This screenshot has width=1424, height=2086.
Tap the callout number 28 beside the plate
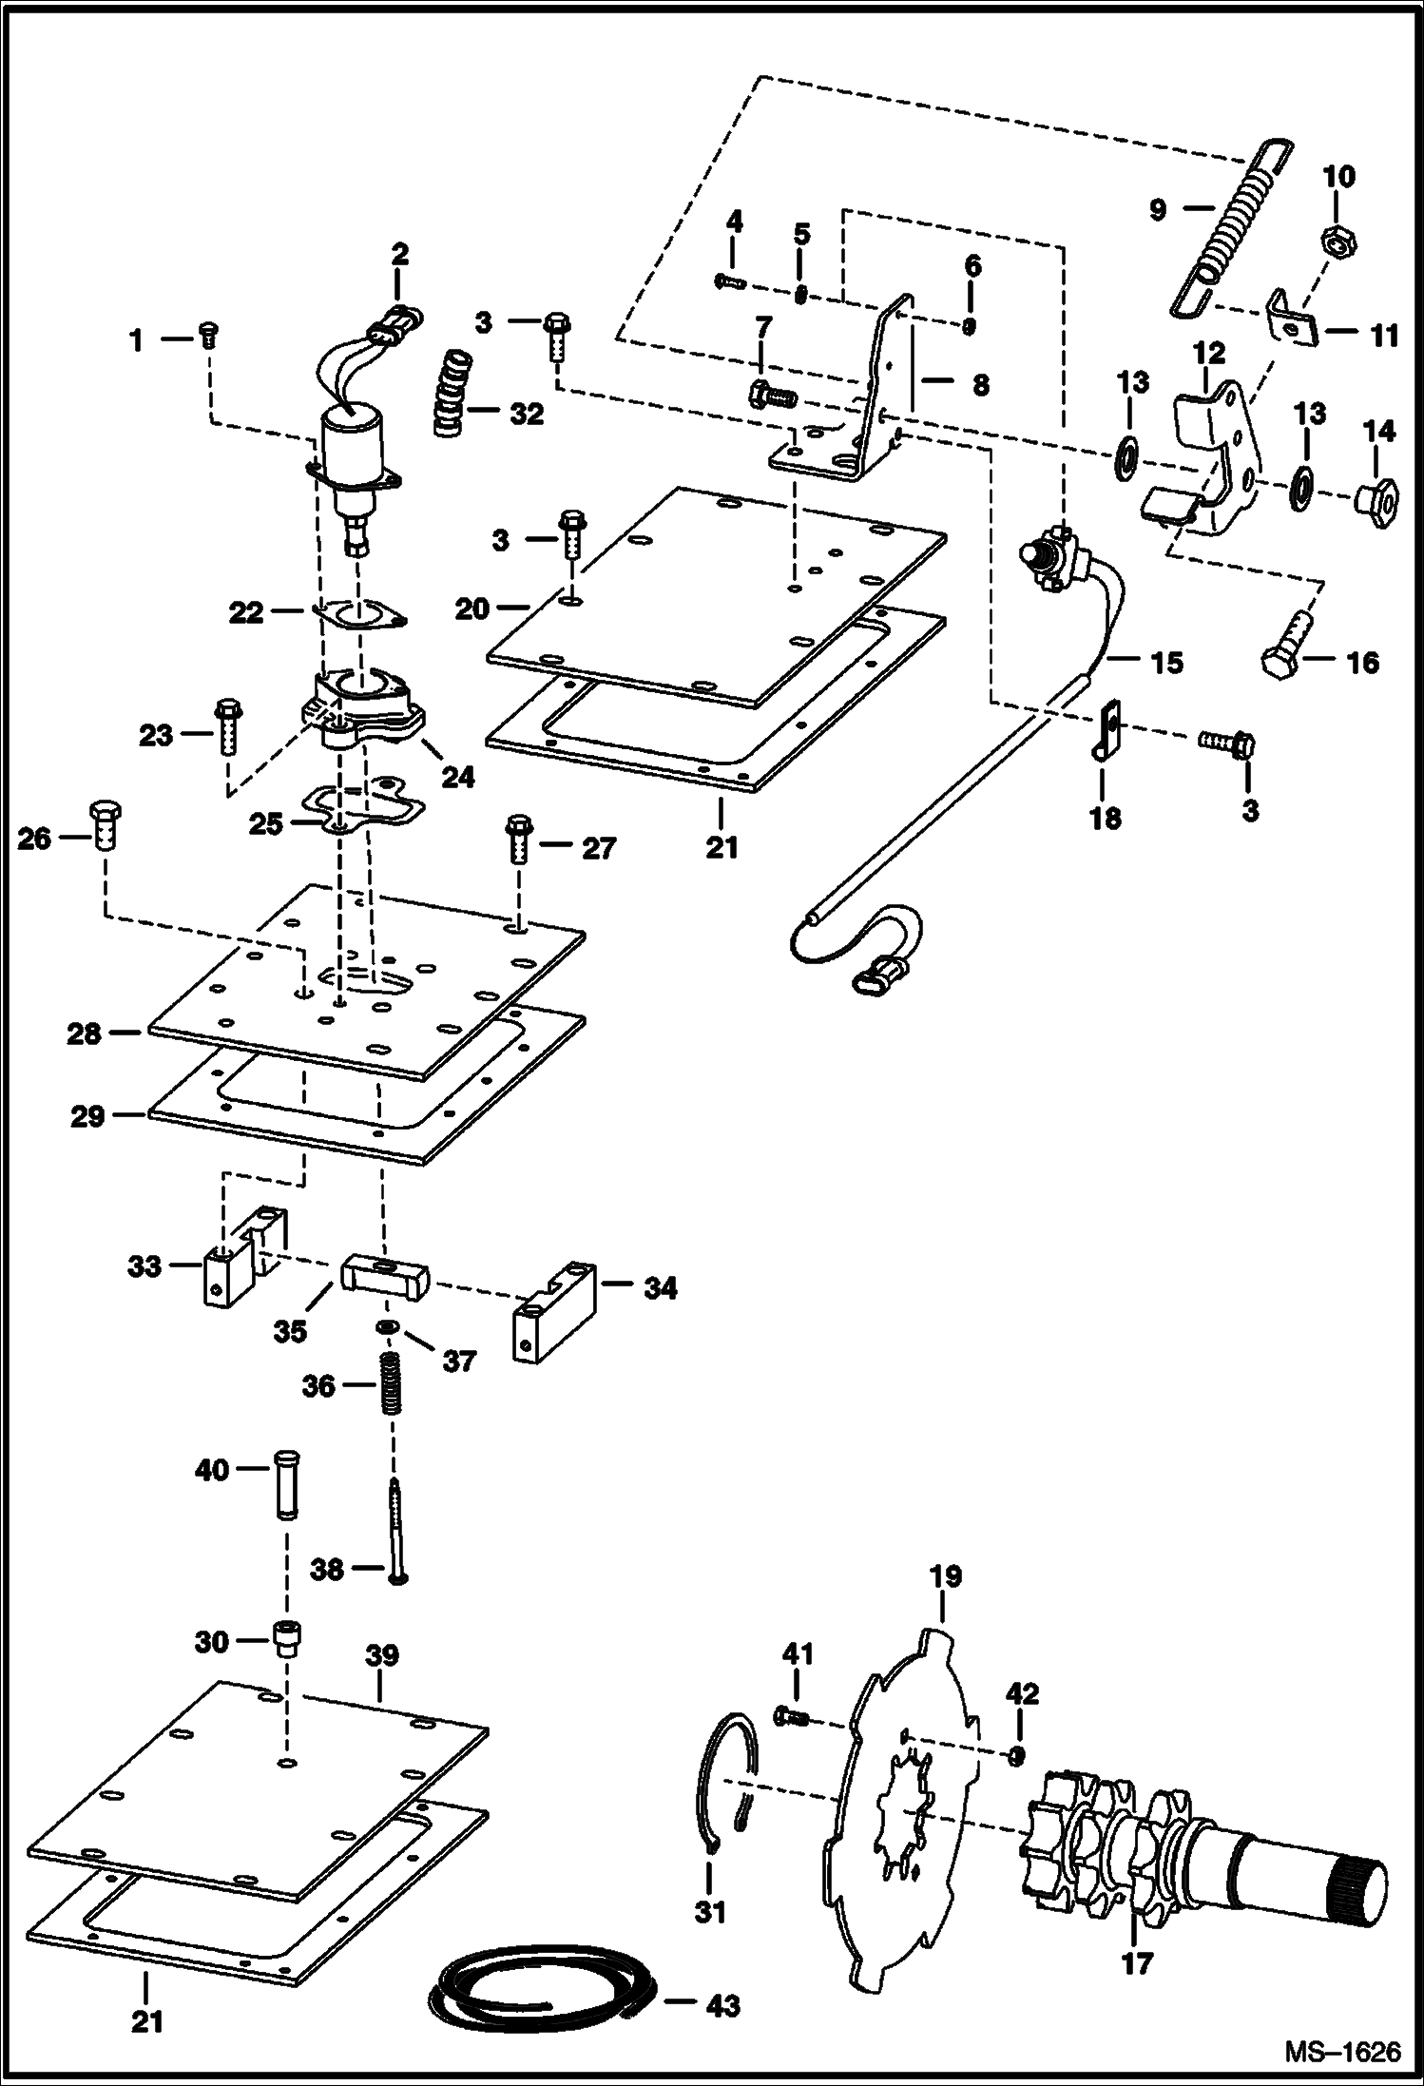click(84, 1033)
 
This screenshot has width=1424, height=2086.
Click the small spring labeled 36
click(389, 1384)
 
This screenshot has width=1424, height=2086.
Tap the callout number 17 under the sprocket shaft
click(1137, 1962)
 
